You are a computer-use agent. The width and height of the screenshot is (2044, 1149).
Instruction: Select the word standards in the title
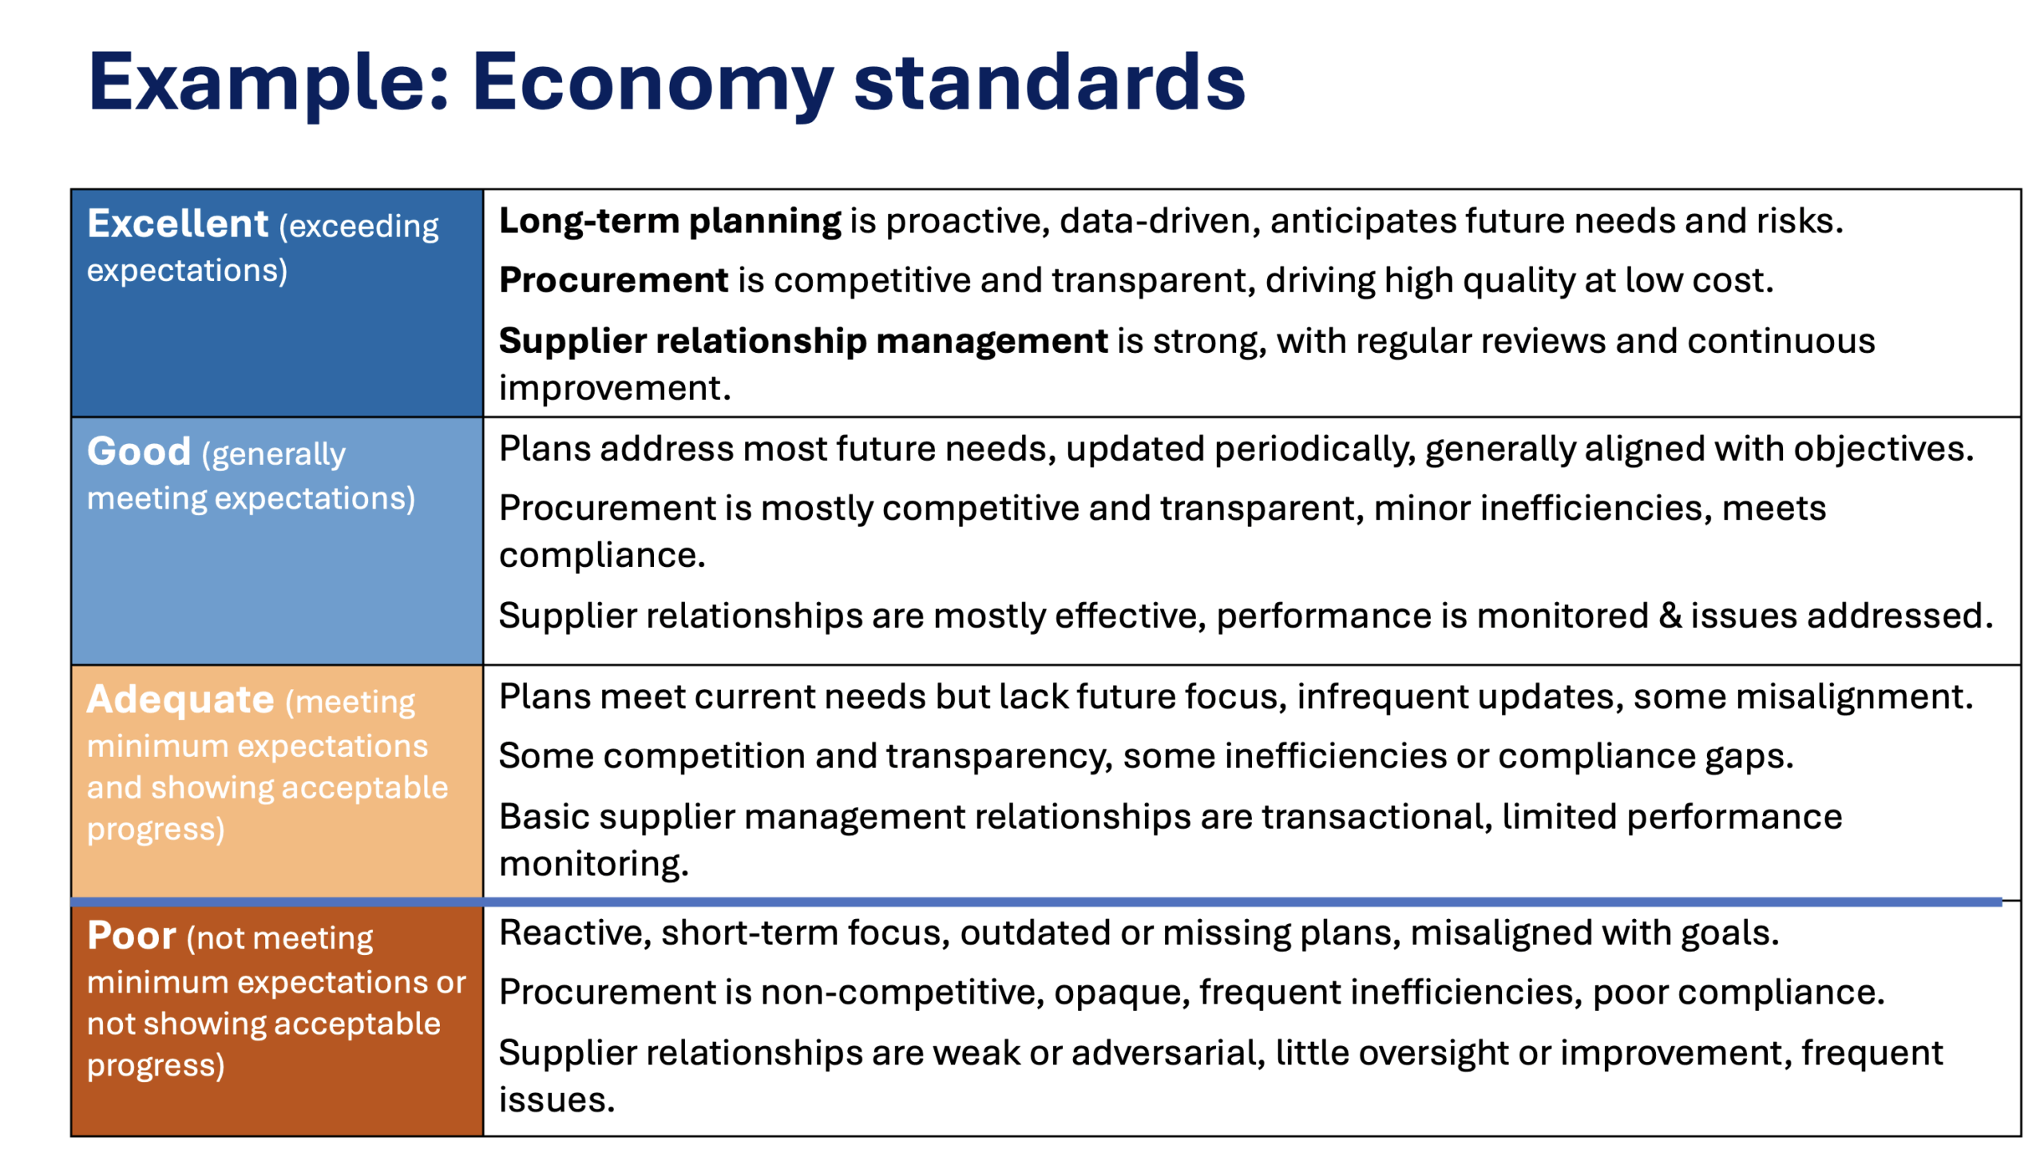[1049, 81]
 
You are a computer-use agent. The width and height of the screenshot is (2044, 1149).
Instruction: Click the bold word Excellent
[177, 223]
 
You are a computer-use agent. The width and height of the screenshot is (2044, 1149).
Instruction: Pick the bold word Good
[139, 451]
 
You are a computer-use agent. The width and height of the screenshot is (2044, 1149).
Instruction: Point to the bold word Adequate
[180, 699]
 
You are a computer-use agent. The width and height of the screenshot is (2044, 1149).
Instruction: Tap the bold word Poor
[132, 935]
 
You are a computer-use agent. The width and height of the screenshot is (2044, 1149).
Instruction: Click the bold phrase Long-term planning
[669, 221]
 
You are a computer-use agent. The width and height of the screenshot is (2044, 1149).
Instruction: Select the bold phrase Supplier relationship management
[802, 342]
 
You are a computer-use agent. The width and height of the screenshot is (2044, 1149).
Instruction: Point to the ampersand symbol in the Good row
[1669, 616]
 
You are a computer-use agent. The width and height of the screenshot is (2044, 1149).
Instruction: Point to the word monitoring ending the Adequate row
[593, 865]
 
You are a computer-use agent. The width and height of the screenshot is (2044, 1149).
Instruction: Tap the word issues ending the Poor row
[557, 1100]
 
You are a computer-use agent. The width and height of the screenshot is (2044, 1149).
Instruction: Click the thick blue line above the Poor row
[1036, 901]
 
